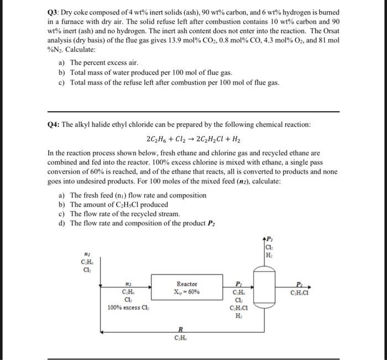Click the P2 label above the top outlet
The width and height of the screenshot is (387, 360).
click(269, 239)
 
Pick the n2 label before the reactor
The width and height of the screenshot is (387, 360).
click(128, 281)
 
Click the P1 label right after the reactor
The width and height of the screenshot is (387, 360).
click(238, 281)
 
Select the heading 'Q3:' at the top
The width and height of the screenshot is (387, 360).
click(54, 12)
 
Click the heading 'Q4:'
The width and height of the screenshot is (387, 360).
click(54, 124)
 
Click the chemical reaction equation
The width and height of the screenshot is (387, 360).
click(193, 139)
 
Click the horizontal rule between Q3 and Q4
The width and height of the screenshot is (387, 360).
click(193, 111)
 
